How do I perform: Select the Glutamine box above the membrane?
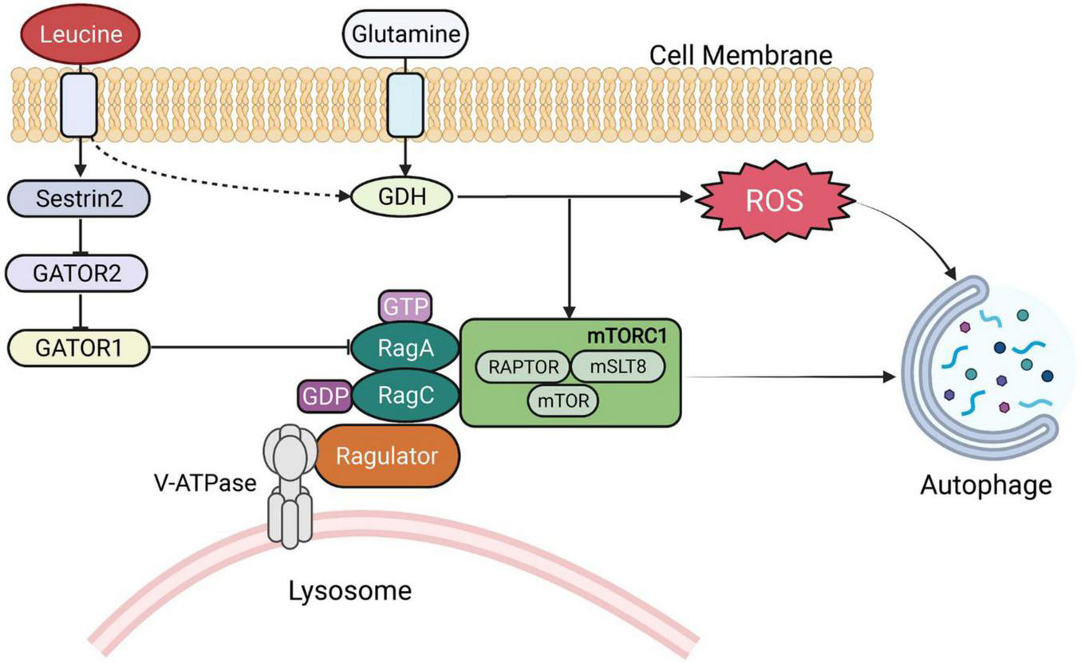coord(404,34)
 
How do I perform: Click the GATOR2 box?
coord(77,273)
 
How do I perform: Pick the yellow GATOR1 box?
coord(77,346)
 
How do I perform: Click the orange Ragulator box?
coord(387,456)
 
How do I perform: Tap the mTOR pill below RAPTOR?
coord(563,401)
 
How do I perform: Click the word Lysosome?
coord(350,591)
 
